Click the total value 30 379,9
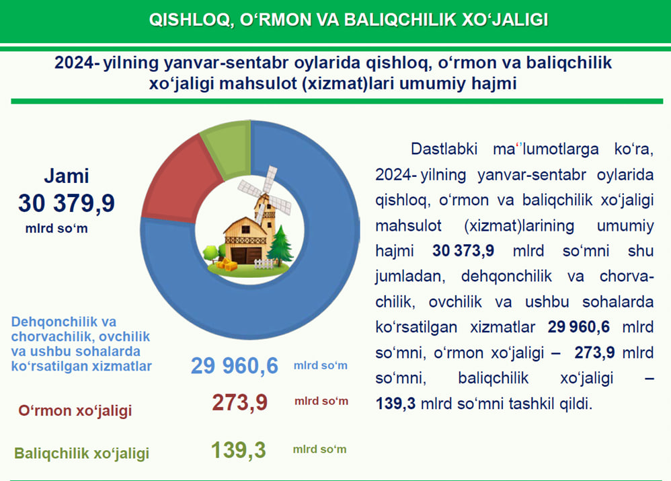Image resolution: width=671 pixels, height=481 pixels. coord(67,203)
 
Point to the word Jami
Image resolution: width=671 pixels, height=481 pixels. coord(67,176)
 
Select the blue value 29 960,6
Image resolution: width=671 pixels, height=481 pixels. coord(235,366)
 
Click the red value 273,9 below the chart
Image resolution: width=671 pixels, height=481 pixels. coord(239,402)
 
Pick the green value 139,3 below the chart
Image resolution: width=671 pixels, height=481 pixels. coord(239,450)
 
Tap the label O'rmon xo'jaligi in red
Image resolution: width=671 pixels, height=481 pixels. coord(75,410)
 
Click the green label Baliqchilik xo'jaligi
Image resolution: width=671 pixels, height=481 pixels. coord(82,453)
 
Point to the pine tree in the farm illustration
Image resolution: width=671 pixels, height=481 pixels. coord(280,245)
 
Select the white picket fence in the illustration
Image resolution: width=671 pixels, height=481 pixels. coord(264,264)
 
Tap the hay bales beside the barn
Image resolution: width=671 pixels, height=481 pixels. coord(227,264)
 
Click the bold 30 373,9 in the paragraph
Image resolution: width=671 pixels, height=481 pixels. coord(463,250)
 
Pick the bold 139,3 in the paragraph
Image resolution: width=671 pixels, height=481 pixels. coord(395,404)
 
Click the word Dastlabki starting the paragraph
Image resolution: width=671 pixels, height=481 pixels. coord(444,149)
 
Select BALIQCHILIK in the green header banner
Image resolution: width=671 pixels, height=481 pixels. coord(400,20)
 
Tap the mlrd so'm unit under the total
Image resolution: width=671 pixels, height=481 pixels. coord(56,228)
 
